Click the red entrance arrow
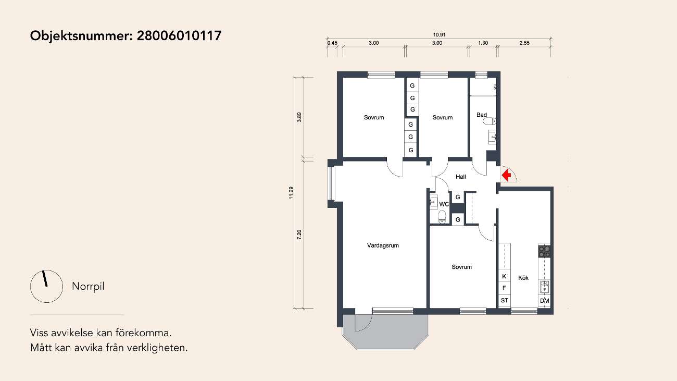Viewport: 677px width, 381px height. [x=506, y=175]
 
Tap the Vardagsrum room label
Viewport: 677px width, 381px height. [x=383, y=245]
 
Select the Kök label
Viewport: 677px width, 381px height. [x=523, y=278]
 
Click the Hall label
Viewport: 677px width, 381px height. [x=460, y=177]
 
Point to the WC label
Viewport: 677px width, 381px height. [x=444, y=204]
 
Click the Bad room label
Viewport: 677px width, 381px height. [x=482, y=115]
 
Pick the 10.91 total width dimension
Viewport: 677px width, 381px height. [x=439, y=35]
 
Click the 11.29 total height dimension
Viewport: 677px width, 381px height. [x=291, y=193]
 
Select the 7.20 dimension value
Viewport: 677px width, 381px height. [x=299, y=235]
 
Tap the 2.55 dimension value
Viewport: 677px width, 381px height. [x=524, y=43]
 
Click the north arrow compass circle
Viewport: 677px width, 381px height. [x=46, y=286]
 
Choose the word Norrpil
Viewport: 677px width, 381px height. [x=88, y=286]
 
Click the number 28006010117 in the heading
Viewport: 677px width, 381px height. [x=179, y=35]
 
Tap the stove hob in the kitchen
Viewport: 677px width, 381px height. [x=544, y=251]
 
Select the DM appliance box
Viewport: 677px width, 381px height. [x=544, y=301]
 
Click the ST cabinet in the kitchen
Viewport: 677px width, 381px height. [x=505, y=300]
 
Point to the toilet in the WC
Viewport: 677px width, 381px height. [x=442, y=216]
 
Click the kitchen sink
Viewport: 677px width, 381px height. [x=544, y=287]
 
